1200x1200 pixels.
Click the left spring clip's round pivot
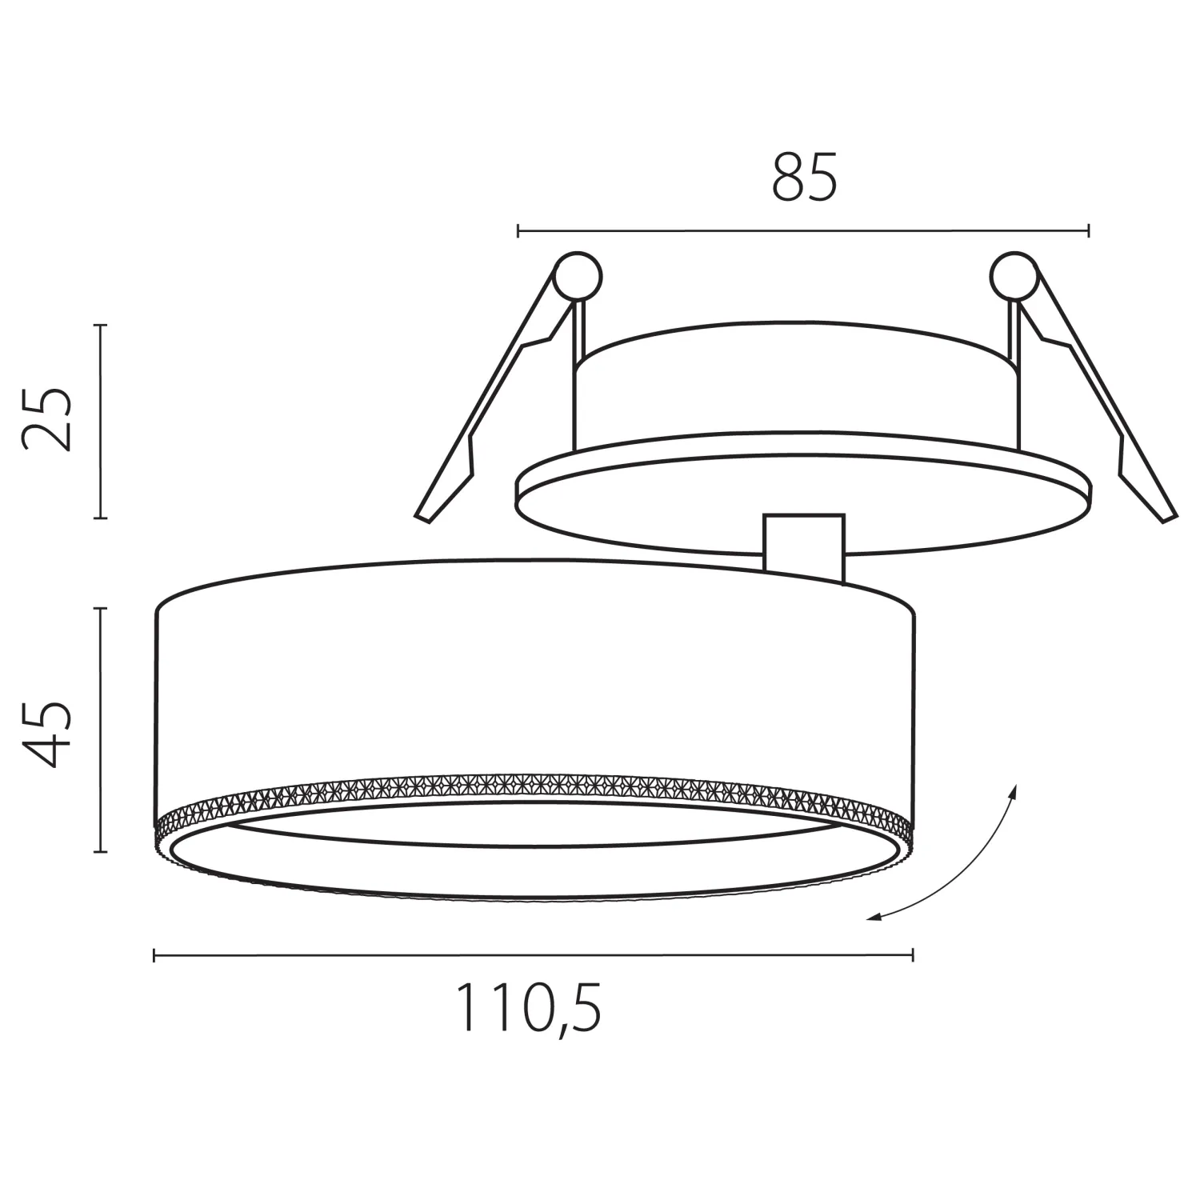click(578, 277)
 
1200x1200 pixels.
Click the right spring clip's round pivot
click(1014, 277)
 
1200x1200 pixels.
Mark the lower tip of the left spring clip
click(422, 517)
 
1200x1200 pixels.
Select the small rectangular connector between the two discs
click(804, 548)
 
